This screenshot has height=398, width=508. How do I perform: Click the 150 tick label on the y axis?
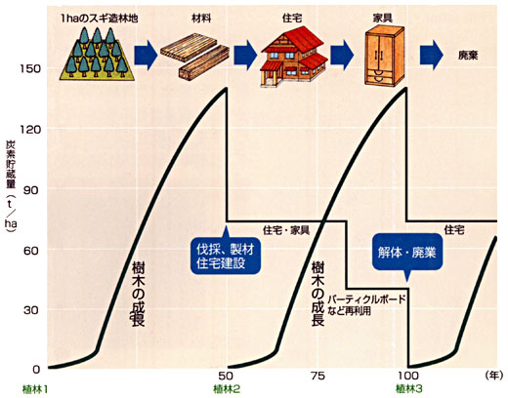pos(30,69)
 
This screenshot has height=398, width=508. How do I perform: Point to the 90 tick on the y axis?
pos(32,190)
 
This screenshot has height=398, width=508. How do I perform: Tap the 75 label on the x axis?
pos(317,376)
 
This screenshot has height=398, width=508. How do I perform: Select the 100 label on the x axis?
pos(407,376)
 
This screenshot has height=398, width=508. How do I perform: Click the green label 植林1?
pos(35,389)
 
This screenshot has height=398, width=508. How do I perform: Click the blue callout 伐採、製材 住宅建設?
pos(226,257)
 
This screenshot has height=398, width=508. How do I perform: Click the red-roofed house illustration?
pos(293,57)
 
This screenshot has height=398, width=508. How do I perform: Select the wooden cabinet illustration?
pos(384,56)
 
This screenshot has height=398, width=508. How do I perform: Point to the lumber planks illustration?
pos(195,56)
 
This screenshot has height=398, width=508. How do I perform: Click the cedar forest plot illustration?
pos(97,54)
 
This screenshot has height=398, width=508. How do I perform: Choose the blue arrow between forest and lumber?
pos(146,56)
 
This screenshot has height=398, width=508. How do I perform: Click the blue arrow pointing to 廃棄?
pos(431,56)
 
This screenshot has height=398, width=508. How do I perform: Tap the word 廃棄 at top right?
pos(468,56)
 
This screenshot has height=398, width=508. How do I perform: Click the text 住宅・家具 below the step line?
pos(286,230)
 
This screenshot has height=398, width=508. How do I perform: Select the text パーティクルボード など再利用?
pos(367,305)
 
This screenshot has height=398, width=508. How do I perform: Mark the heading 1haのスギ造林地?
pos(99,19)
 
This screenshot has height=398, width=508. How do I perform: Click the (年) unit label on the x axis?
pos(496,376)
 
